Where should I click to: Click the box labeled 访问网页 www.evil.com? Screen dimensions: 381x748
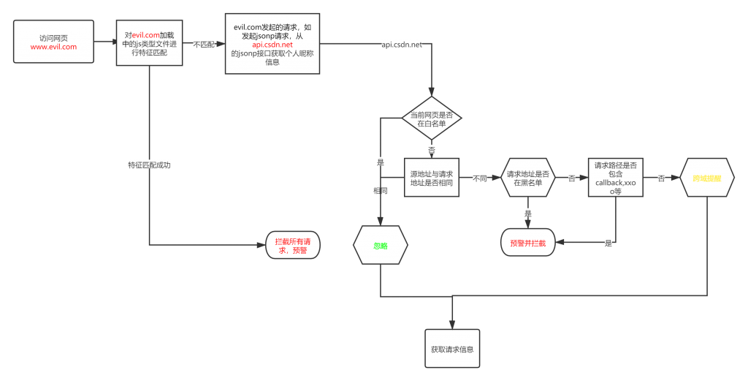click(53, 42)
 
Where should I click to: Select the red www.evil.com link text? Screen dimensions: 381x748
click(53, 47)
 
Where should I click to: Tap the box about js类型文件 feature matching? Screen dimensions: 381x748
click(149, 43)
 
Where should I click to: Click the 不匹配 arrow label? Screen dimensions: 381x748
click(204, 45)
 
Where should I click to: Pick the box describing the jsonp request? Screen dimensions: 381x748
click(272, 44)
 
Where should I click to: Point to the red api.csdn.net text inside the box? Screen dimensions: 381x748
click(272, 45)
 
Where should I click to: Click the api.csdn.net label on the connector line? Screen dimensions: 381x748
click(402, 45)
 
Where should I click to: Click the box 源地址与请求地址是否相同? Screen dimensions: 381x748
click(431, 178)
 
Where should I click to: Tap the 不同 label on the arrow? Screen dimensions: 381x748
click(480, 178)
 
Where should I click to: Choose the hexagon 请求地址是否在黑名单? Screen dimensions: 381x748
click(528, 178)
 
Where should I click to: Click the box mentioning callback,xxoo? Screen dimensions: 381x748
click(617, 178)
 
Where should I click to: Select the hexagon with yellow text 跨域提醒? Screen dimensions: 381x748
click(706, 178)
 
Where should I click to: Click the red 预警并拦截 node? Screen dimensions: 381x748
click(527, 243)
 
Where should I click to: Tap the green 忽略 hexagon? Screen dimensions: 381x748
click(380, 246)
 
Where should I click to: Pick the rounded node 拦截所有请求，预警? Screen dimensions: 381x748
click(290, 246)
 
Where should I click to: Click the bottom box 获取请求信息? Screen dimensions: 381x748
click(452, 349)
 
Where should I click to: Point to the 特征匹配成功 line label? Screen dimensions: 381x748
click(149, 165)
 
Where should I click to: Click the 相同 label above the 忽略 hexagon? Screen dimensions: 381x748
click(381, 190)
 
